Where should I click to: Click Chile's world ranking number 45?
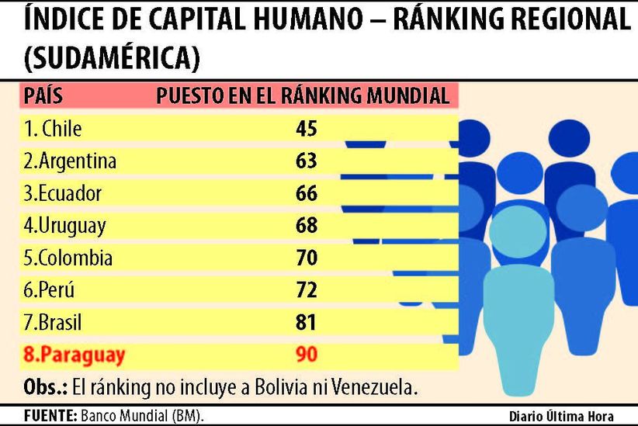tap(307, 129)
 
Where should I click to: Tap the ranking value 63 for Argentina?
tap(307, 161)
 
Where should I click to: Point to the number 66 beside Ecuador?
tap(307, 193)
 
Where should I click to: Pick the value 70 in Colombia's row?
tap(307, 258)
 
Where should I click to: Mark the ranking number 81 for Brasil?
tap(307, 322)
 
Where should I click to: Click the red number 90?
tap(307, 355)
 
